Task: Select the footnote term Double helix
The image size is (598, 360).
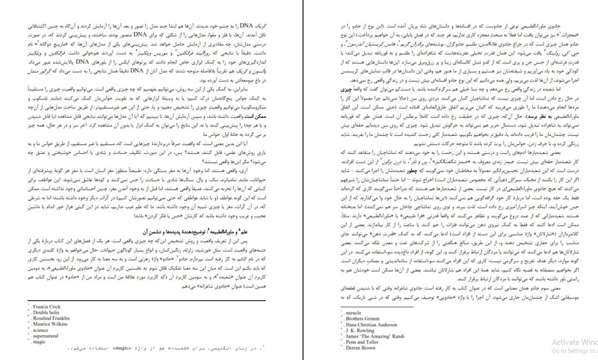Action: [x=27, y=293]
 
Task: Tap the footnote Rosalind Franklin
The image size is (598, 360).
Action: [x=32, y=300]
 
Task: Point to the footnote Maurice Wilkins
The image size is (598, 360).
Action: [x=31, y=305]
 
